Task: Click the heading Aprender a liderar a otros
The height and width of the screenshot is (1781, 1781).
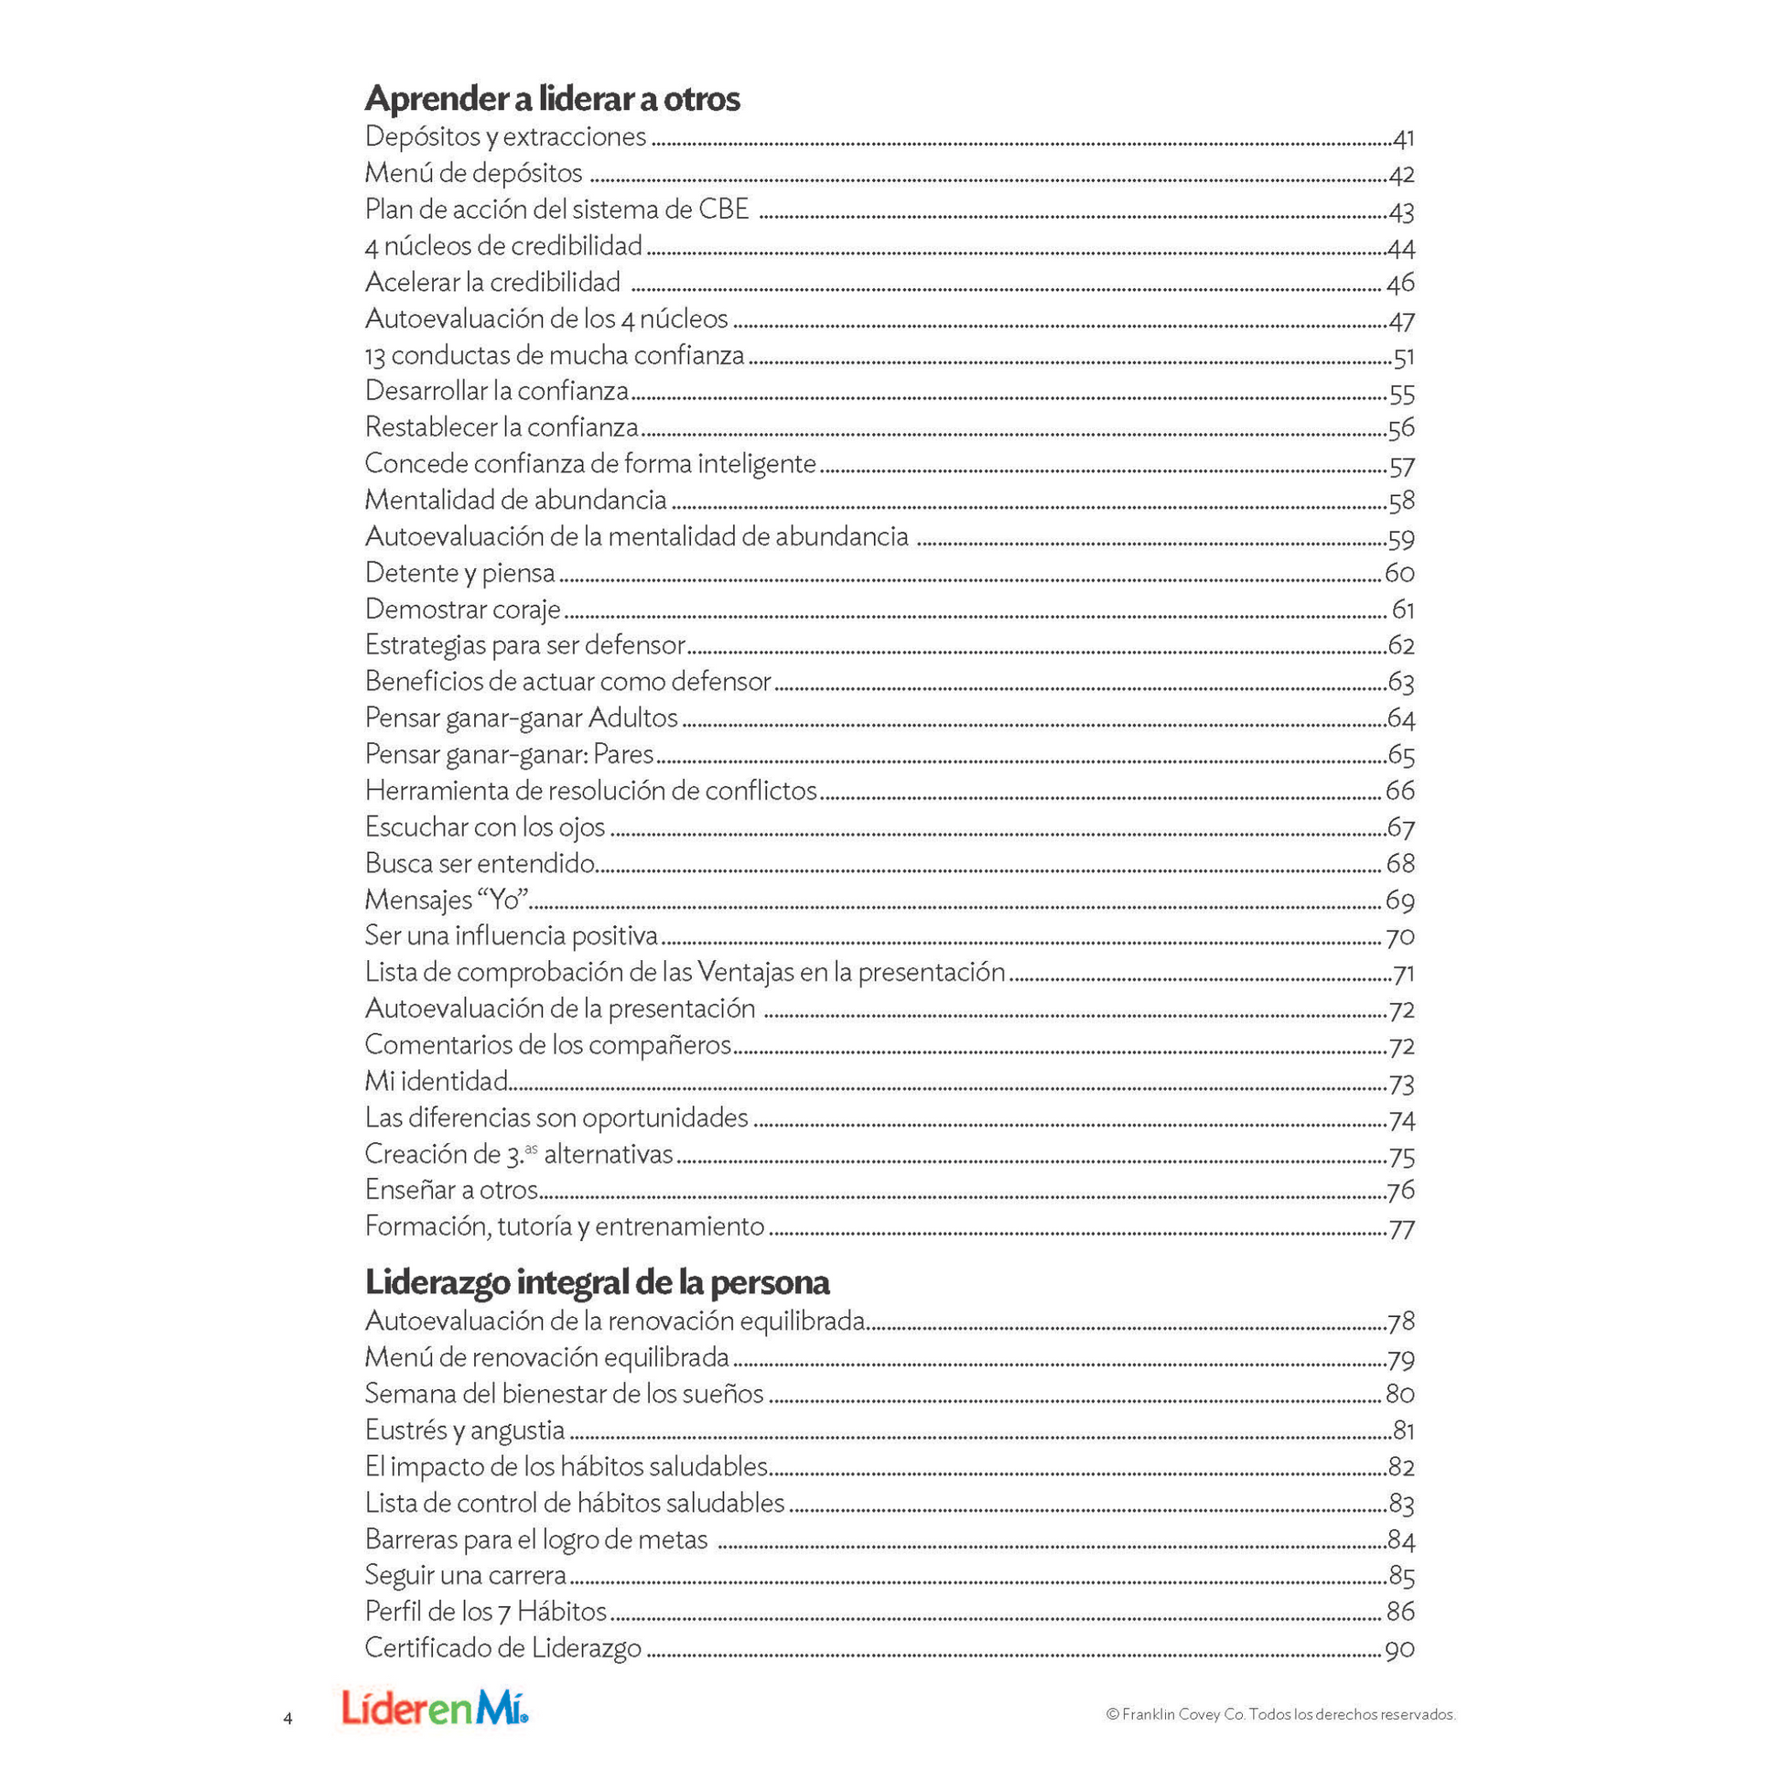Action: click(552, 99)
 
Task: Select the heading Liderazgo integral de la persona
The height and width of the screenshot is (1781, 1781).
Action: click(598, 1282)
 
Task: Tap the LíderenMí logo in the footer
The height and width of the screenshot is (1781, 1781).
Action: click(435, 1706)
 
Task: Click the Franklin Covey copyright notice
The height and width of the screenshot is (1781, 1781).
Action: click(1279, 1714)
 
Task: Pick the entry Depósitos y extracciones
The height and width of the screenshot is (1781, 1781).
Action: click(505, 136)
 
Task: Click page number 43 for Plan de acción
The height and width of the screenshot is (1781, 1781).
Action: click(1400, 211)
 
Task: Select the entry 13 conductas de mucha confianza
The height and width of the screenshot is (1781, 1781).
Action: click(554, 355)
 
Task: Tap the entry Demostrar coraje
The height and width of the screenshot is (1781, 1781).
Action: click(463, 610)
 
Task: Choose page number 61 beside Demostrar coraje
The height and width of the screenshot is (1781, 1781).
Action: click(1402, 610)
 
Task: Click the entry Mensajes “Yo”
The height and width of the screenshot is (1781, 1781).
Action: click(447, 900)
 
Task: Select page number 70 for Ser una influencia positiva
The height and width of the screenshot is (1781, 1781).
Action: click(1399, 937)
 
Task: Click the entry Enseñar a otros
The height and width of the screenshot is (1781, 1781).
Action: click(451, 1190)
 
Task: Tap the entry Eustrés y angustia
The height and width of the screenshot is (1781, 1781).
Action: click(465, 1430)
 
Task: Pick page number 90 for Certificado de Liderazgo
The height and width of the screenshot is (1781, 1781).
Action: click(1399, 1649)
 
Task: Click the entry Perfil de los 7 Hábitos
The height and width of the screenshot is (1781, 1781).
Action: click(486, 1612)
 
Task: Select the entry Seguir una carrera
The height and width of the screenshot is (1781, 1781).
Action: click(466, 1575)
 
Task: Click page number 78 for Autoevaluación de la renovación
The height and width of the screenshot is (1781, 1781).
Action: click(1400, 1322)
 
